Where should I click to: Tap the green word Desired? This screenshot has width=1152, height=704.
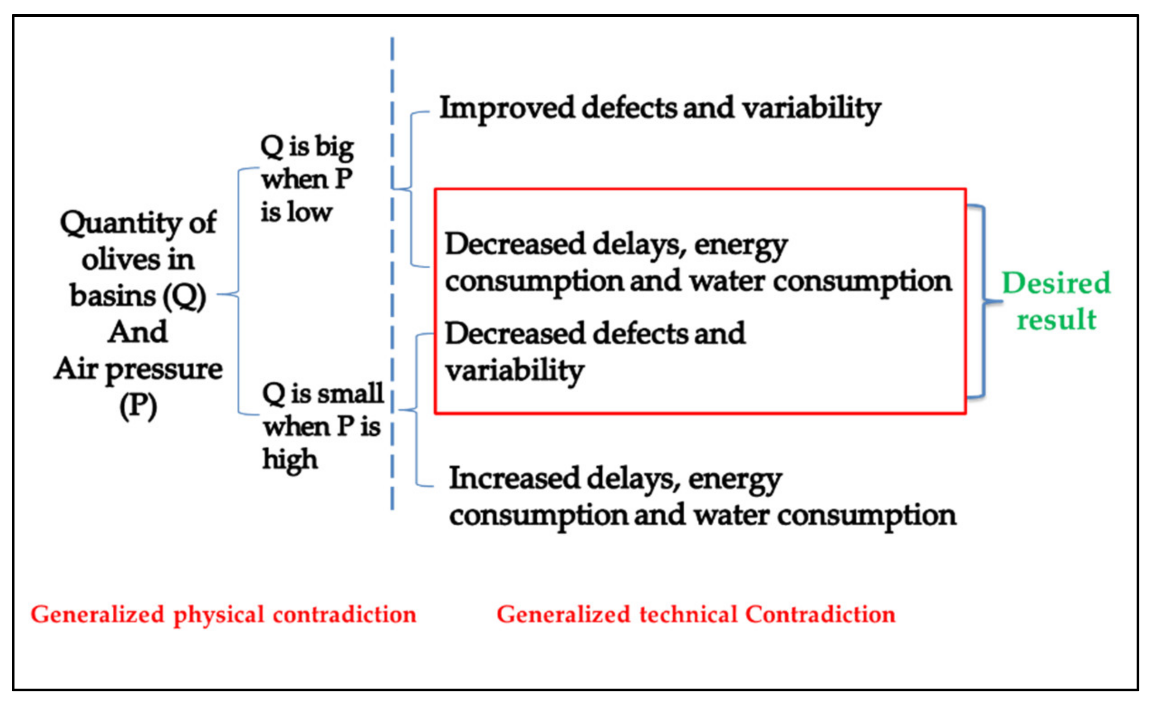coord(1056,283)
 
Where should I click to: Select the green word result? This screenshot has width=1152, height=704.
coord(1056,319)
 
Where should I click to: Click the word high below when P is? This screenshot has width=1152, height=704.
coord(290,460)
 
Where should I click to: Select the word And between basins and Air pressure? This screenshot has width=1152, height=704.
coord(138,332)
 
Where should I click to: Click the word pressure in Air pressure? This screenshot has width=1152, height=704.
coord(163,370)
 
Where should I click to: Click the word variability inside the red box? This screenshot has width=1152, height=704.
coord(514,371)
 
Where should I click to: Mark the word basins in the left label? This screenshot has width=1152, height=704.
coord(112,296)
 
